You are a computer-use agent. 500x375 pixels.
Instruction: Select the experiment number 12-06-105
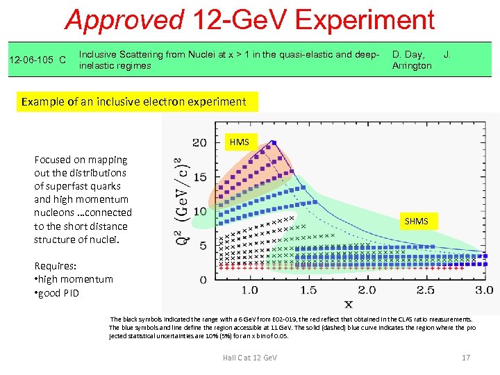click(33, 60)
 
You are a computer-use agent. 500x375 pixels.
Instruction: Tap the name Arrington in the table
click(412, 66)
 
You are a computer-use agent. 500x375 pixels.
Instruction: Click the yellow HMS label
click(239, 142)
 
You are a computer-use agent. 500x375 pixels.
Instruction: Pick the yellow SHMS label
click(417, 221)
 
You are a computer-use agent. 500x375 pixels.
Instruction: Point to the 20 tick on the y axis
click(199, 142)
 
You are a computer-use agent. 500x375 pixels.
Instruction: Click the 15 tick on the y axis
click(199, 177)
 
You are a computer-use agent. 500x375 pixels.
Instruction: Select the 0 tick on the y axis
click(203, 280)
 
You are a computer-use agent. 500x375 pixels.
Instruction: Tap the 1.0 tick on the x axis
click(249, 290)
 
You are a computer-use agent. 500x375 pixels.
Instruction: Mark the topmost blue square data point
click(275, 142)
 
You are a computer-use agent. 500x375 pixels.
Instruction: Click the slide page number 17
click(466, 358)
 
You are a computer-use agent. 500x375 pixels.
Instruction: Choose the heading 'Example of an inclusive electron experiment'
click(133, 101)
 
